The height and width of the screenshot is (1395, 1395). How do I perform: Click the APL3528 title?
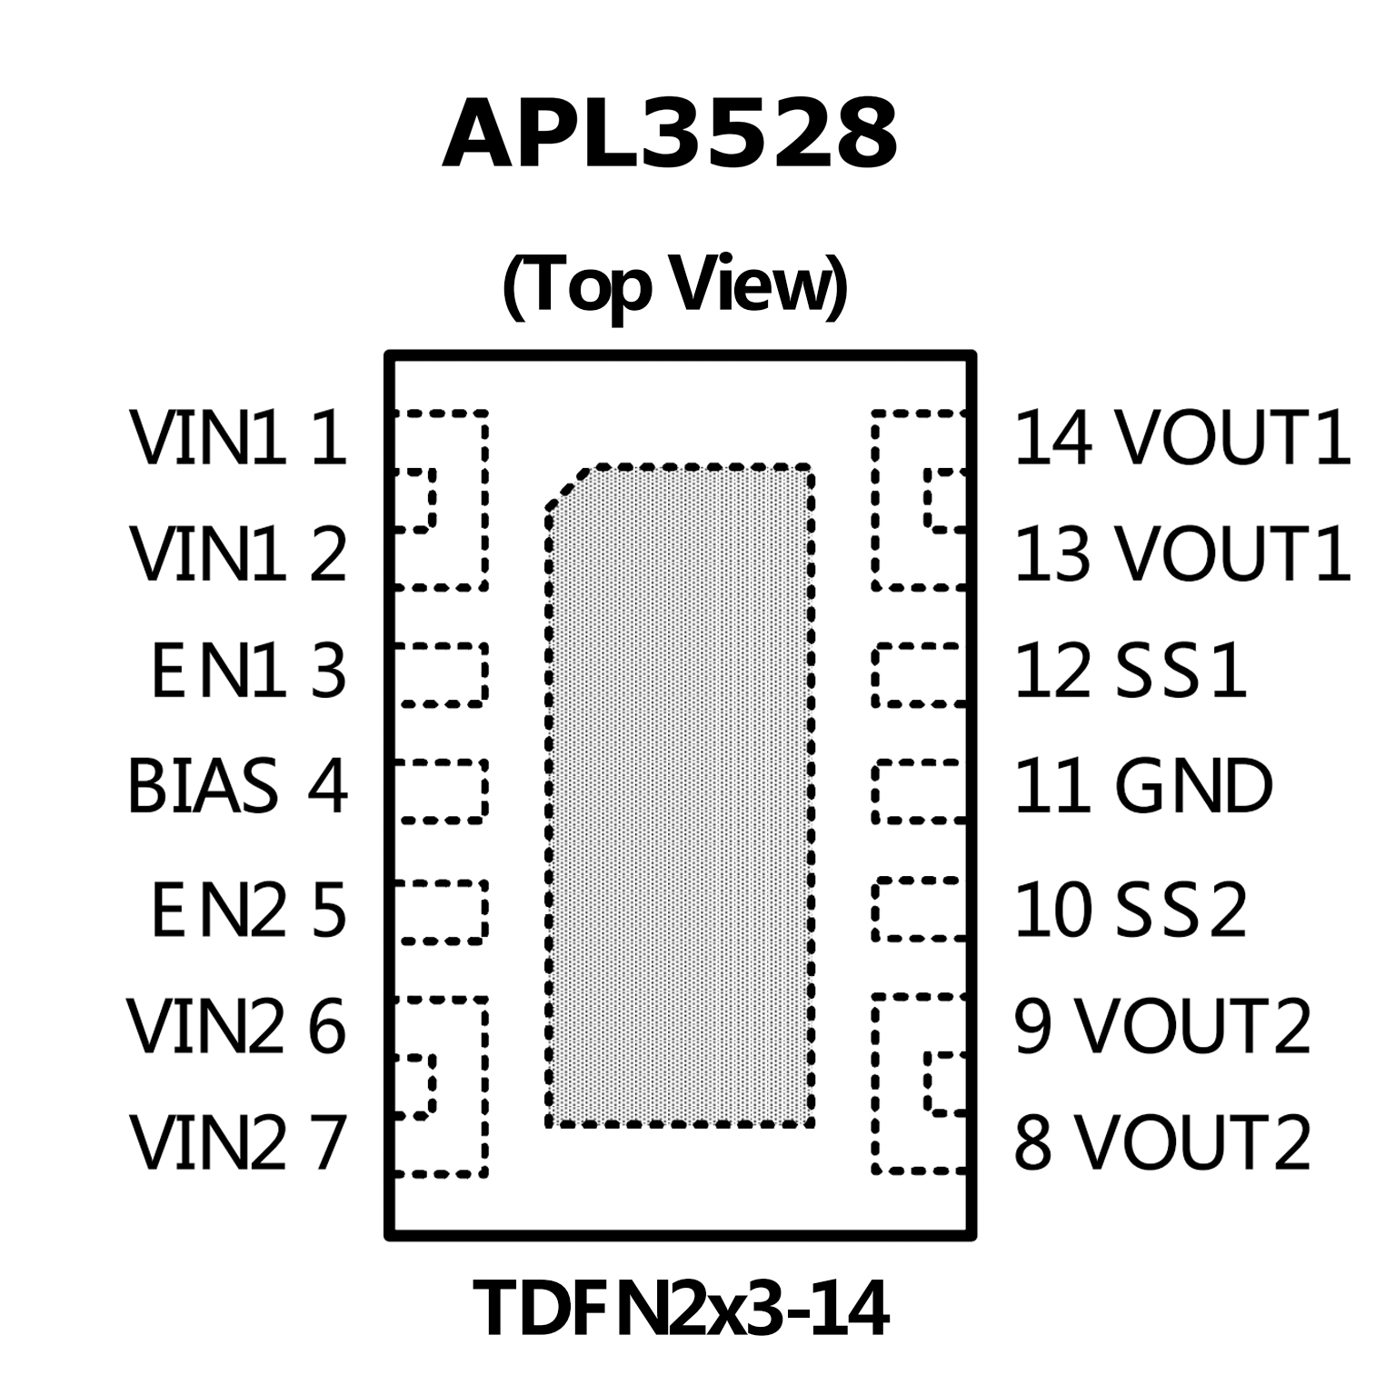(670, 136)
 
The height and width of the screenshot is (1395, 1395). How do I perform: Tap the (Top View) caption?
(674, 285)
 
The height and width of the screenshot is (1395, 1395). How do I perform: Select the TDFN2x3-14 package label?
(680, 1309)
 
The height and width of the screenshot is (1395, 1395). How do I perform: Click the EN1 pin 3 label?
(248, 673)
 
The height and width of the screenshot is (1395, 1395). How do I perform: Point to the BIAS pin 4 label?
(237, 786)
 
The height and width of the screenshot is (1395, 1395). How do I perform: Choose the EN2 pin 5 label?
(248, 910)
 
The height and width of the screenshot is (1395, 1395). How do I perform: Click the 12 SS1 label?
(1130, 673)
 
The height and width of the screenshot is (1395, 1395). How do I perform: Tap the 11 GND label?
(1142, 786)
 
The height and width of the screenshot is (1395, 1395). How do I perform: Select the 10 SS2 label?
(1130, 910)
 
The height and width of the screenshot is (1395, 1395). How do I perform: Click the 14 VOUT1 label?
(1181, 438)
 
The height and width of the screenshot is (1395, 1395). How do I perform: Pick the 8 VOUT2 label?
(1162, 1141)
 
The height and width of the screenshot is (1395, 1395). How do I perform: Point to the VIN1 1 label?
(238, 438)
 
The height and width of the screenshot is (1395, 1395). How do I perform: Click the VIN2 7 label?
(237, 1141)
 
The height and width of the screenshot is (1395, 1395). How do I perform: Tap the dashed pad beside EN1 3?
(440, 674)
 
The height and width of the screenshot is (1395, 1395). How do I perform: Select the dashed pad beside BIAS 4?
(440, 791)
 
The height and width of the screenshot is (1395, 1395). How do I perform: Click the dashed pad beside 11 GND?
(918, 791)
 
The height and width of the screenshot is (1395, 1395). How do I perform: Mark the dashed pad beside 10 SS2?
(918, 909)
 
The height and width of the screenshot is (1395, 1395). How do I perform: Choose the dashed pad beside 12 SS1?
(918, 674)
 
